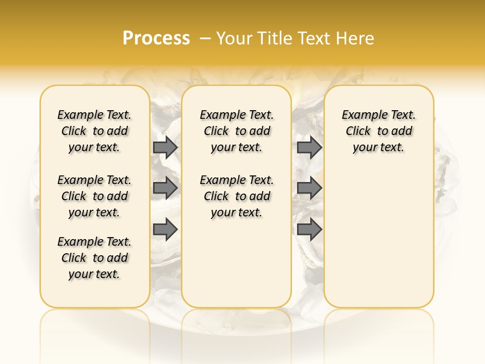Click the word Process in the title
click(156, 38)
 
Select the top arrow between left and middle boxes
click(165, 147)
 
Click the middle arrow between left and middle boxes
click(165, 188)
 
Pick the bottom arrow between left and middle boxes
click(165, 229)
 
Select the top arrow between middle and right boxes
click(309, 147)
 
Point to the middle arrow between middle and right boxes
click(309, 188)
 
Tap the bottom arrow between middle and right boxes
click(309, 229)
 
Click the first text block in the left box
click(94, 131)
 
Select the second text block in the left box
click(94, 196)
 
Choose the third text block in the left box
click(94, 258)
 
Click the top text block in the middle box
click(237, 131)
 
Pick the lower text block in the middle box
click(237, 196)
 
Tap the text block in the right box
click(379, 131)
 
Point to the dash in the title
click(205, 38)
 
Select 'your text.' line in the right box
click(379, 148)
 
